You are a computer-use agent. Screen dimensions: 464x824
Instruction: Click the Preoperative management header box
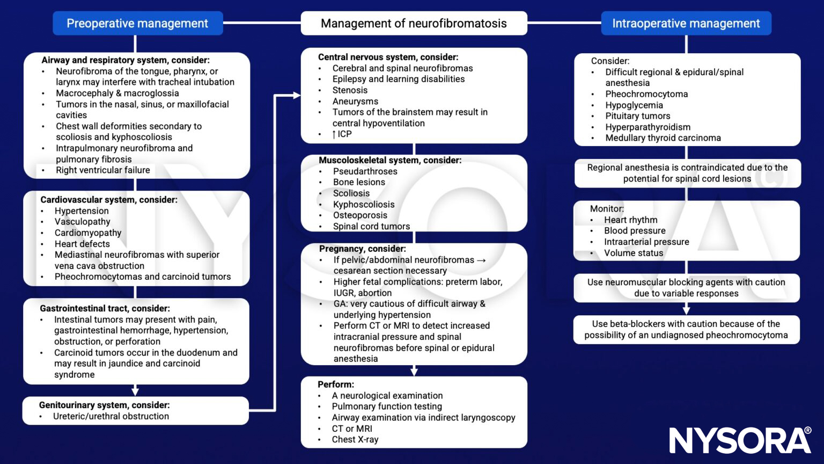[137, 24]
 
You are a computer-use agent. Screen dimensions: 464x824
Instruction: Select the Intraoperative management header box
[686, 24]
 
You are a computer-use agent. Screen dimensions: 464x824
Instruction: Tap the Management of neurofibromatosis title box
[414, 24]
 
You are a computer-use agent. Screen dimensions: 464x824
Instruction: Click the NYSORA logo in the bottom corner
[740, 440]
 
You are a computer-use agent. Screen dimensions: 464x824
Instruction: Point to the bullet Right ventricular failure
[102, 170]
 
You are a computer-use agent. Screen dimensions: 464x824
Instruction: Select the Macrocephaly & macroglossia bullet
[117, 93]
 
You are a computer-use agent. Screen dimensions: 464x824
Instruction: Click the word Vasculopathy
[82, 222]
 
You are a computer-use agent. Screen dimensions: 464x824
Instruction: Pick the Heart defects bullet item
[82, 244]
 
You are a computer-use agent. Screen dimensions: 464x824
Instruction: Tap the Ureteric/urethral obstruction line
[111, 416]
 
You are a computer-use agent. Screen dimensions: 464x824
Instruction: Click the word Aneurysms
[355, 102]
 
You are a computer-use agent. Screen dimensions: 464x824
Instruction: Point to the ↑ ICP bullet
[342, 134]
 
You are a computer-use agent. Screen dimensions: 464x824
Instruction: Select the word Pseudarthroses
[365, 171]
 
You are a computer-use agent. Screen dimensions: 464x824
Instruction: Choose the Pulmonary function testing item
[386, 407]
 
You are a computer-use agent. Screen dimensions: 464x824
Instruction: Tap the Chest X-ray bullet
[355, 439]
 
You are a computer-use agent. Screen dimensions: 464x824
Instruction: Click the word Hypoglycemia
[634, 105]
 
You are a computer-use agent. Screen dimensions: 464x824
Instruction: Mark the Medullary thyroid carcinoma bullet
[663, 138]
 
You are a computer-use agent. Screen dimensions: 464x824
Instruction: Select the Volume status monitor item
[633, 253]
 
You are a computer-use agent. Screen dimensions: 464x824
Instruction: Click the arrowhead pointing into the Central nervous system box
[297, 96]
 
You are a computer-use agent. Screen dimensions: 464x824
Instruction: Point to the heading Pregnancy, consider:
[362, 249]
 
